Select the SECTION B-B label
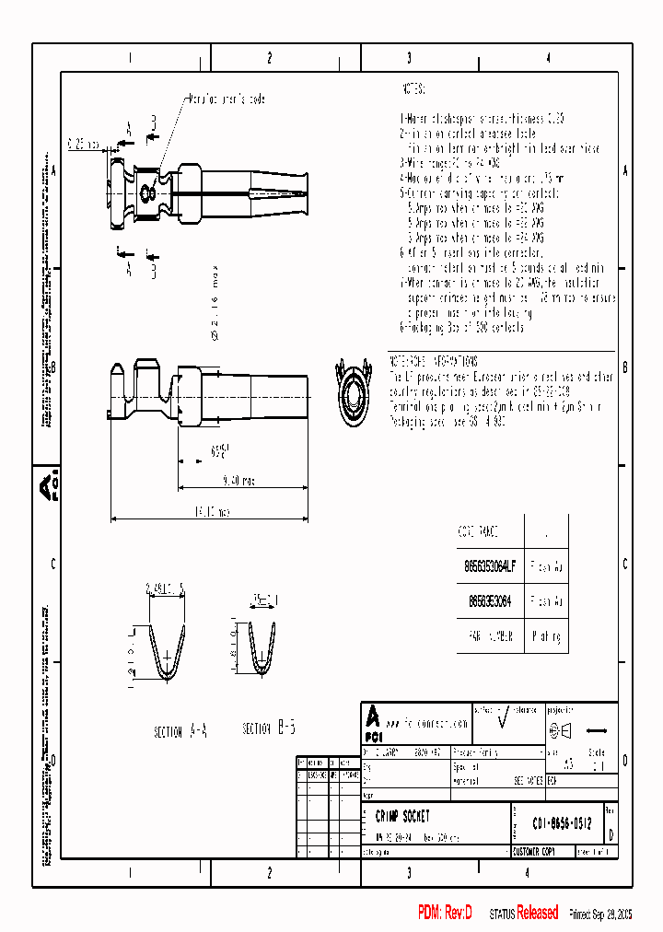pos(268,728)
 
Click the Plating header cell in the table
pos(546,635)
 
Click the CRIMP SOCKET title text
pos(402,816)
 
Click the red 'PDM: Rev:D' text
pos(445,913)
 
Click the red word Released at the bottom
pos(537,913)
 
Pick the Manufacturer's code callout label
pos(227,99)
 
